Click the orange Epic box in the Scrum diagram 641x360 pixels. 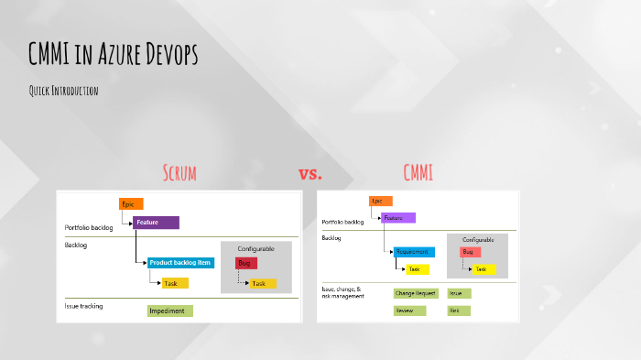point(131,204)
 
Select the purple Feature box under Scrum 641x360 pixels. point(156,223)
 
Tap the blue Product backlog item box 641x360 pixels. point(180,263)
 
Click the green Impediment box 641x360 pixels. point(169,311)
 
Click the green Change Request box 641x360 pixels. point(416,293)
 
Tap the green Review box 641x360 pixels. point(405,311)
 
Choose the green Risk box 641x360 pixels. point(459,311)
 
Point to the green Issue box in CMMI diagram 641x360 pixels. point(459,293)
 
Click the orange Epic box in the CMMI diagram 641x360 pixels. point(381,201)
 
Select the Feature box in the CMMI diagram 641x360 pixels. point(398,218)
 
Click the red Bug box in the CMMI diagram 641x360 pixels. point(470,252)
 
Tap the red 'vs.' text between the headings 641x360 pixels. point(310,173)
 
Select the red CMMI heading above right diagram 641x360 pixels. point(418,172)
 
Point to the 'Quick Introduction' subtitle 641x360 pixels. point(63,91)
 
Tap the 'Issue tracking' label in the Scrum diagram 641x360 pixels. point(83,305)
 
